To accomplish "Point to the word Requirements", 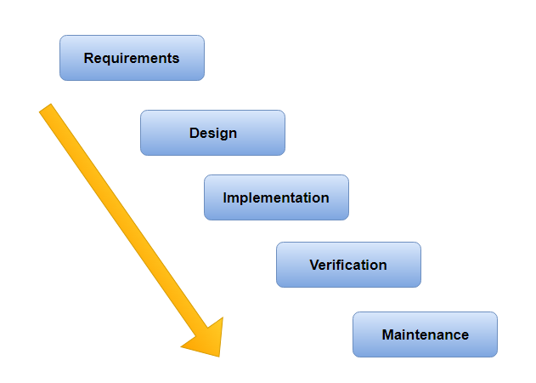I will tap(132, 59).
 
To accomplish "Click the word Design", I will tap(212, 133).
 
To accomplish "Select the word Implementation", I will tap(276, 197).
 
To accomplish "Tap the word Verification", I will tap(348, 265).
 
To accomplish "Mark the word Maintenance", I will tap(425, 334).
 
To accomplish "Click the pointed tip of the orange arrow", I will tap(218, 355).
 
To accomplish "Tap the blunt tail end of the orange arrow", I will tap(47, 110).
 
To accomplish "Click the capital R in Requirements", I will tap(88, 59).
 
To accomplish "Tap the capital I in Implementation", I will tap(225, 197).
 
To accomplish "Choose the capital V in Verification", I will tap(314, 265).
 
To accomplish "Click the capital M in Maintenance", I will tap(387, 334).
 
